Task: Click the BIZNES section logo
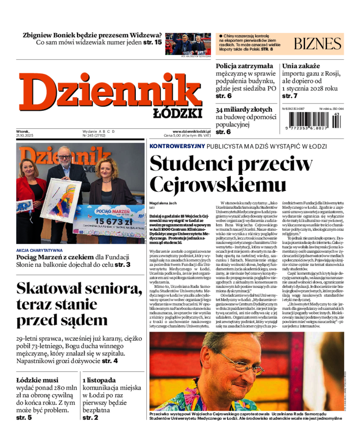(x=318, y=44)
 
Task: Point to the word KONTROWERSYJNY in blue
(x=177, y=146)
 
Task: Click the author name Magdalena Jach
(x=162, y=203)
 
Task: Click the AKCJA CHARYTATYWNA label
(x=40, y=250)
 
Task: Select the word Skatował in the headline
(x=58, y=288)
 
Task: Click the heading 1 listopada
(x=99, y=380)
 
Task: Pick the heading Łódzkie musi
(x=37, y=380)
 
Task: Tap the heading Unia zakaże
(x=301, y=66)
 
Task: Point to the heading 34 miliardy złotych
(x=243, y=109)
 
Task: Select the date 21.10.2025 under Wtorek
(x=25, y=135)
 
